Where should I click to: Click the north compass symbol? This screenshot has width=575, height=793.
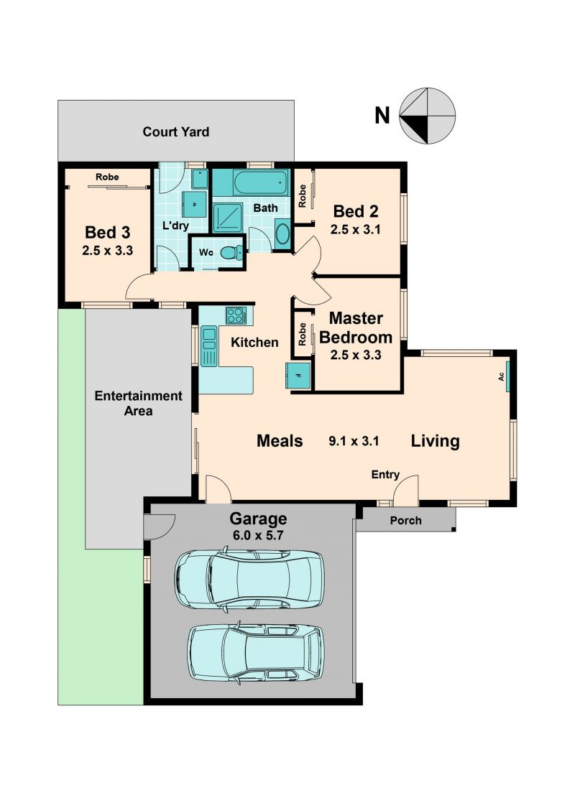tap(427, 116)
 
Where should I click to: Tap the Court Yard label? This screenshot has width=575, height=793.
tap(175, 132)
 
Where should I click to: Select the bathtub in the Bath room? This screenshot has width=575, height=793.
tap(261, 182)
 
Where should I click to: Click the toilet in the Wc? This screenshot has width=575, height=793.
tap(234, 252)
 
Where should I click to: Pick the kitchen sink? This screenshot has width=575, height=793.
tap(208, 346)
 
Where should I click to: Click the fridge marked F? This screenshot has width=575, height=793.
tap(298, 376)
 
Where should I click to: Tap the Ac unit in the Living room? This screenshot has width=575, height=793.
tap(507, 376)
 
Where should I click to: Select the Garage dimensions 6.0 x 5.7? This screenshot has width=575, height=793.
tap(257, 535)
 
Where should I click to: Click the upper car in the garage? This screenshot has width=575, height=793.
tap(249, 578)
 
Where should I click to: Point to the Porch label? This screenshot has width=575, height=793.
tap(405, 520)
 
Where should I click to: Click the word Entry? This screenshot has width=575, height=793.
tap(385, 475)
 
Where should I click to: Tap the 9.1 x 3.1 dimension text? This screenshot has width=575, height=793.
tap(354, 441)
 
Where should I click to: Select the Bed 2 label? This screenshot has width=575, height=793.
tap(355, 211)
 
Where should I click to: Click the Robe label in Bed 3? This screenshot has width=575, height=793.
tap(107, 177)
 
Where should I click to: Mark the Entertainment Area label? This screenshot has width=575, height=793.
tap(138, 403)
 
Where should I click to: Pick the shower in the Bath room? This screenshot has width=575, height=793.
tap(227, 218)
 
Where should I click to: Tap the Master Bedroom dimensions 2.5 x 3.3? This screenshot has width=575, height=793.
tap(355, 355)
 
